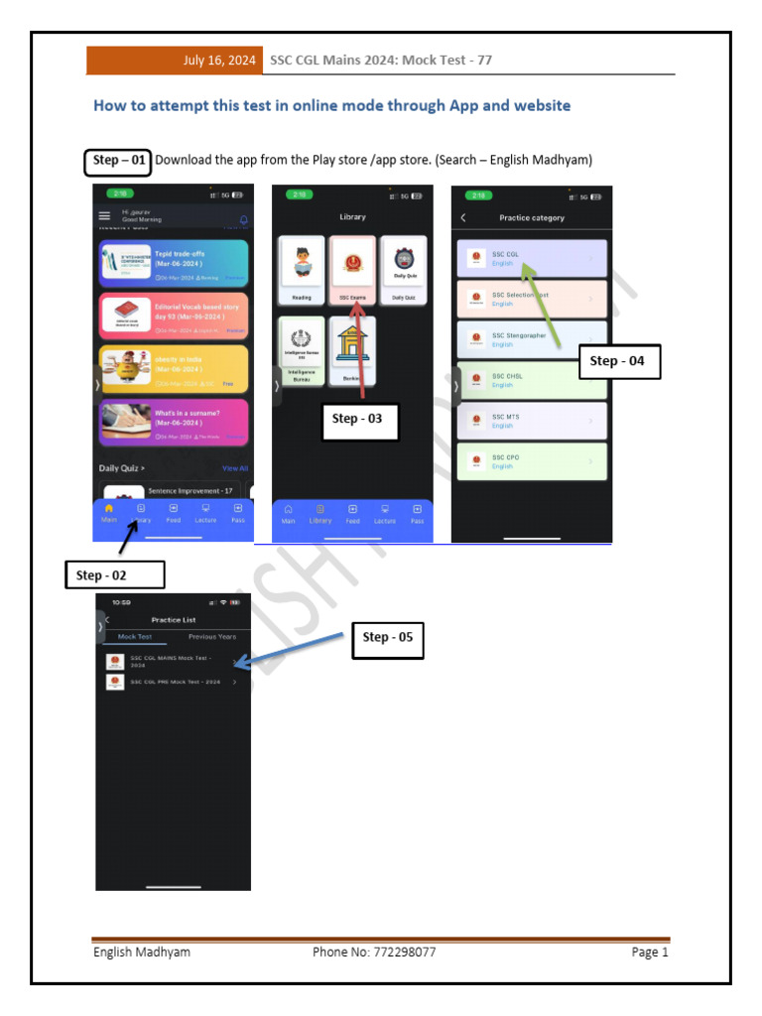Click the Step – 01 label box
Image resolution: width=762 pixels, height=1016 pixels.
pos(117,161)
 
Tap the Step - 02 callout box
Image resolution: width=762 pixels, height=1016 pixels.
pos(115,574)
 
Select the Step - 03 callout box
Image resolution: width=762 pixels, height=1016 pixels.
pos(358,419)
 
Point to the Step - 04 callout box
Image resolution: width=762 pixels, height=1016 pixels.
pos(618,361)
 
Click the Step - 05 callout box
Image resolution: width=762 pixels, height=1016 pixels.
pos(388,637)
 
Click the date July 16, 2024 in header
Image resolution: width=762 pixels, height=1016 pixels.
pos(219,61)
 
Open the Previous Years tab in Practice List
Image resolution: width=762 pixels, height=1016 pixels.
pos(212,637)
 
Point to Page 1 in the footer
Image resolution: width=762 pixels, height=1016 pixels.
pos(650,952)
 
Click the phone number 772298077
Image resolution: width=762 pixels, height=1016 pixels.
pos(374,952)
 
